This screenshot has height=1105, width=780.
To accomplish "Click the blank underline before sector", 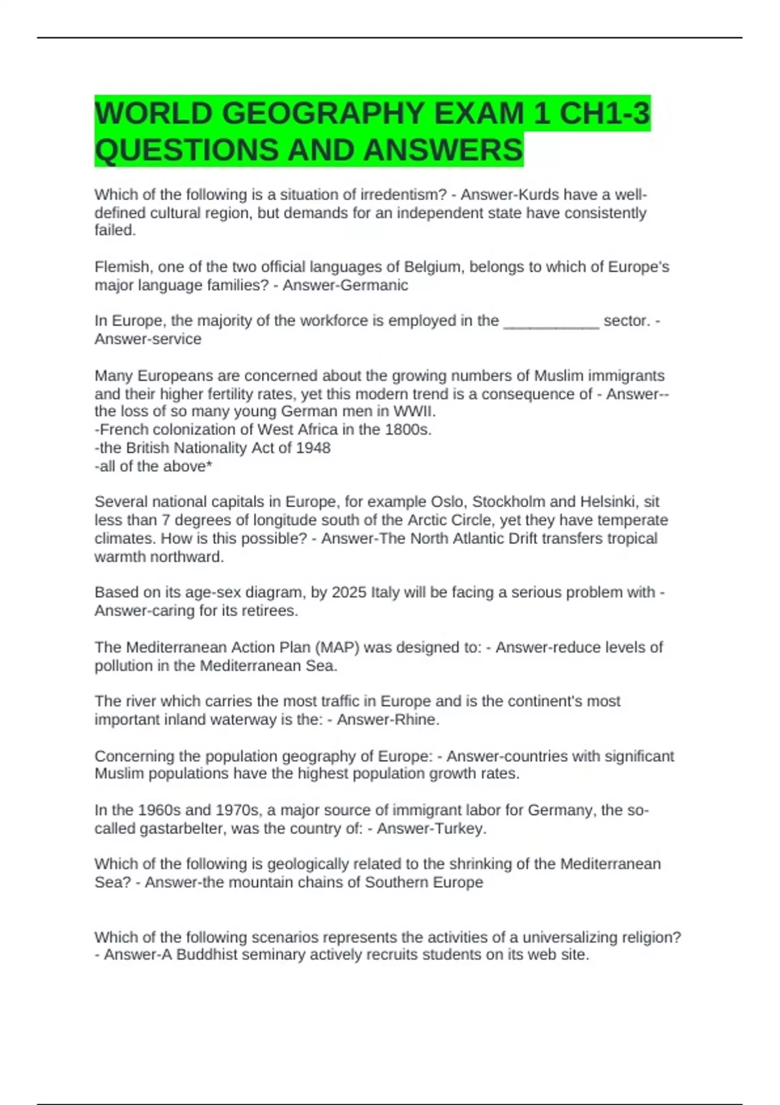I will coord(551,321).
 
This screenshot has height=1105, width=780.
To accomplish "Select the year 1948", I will coord(313,448).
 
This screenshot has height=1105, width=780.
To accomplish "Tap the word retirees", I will coord(267,610).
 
